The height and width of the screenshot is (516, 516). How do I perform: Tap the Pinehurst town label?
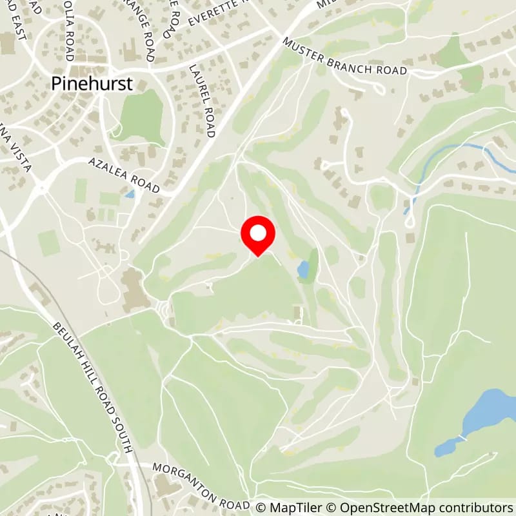point(94,83)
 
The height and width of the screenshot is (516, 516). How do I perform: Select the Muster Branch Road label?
point(344,57)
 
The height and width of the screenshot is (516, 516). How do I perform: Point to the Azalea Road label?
point(124,175)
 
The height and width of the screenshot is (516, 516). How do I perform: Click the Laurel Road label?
point(201,100)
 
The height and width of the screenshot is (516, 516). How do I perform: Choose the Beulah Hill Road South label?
point(94,387)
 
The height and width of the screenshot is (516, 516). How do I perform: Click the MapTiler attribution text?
point(288,508)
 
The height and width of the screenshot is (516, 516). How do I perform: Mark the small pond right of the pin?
point(303,270)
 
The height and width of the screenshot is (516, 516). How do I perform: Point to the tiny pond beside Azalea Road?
point(131,193)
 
